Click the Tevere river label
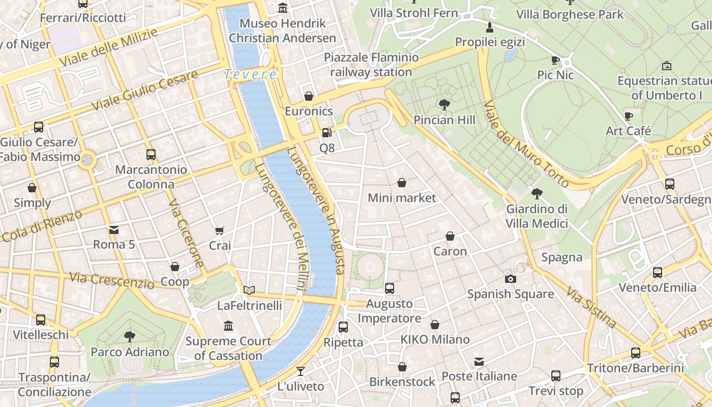coord(250,75)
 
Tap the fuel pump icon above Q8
coord(327,133)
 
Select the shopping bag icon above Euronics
coord(308,96)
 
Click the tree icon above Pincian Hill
coord(444,105)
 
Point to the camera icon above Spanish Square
coord(511,279)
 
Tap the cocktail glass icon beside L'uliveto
coord(301,371)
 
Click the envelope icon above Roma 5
coord(114,230)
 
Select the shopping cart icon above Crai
coord(220,231)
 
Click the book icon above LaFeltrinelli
coord(249,290)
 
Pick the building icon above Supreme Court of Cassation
coord(228,326)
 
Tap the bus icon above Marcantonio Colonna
coord(151,155)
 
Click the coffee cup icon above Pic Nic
coord(555,61)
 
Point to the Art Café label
coord(629,131)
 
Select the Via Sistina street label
coord(591,308)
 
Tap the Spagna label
coord(561,257)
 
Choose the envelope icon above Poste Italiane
coord(479,362)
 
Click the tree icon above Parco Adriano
coord(130,336)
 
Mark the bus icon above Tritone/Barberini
coord(635,353)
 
